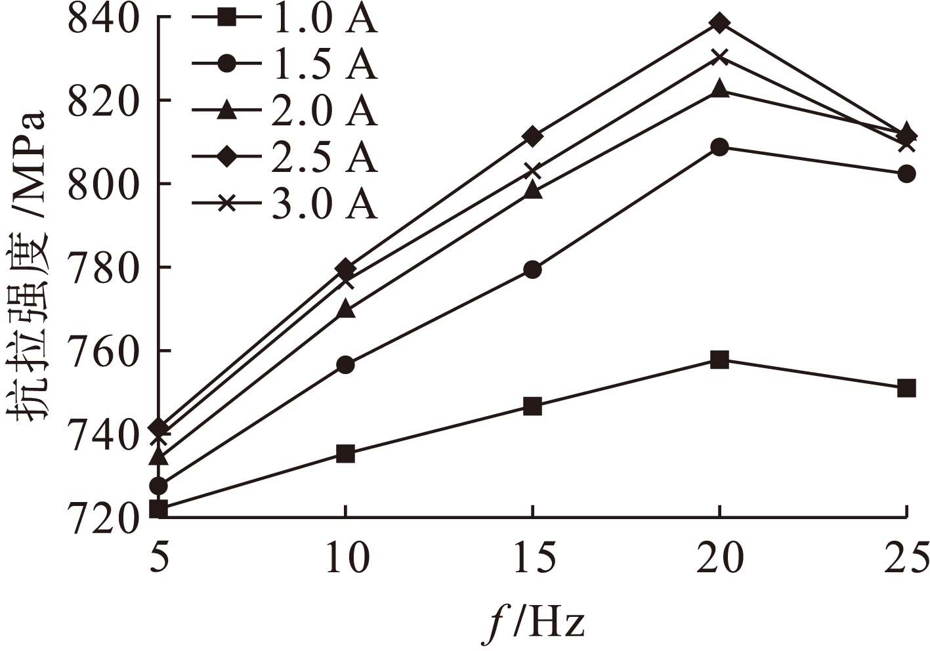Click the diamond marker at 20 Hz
tap(719, 24)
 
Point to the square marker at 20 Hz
tap(719, 360)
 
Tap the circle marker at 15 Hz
tap(532, 270)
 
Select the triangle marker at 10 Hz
tap(346, 310)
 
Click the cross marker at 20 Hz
tap(719, 56)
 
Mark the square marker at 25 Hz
tap(906, 388)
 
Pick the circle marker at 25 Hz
tap(906, 174)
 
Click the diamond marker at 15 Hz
tap(532, 136)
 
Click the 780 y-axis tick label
tap(104, 268)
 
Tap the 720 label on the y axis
tap(104, 518)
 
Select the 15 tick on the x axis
tap(532, 558)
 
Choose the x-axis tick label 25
tap(906, 558)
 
